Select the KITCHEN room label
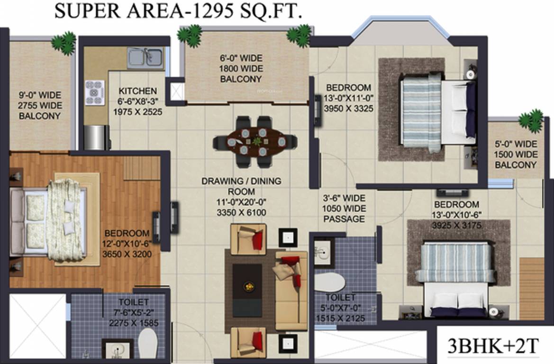137,91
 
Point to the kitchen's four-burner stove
94,92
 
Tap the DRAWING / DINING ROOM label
241,186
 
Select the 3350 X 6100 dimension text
241,213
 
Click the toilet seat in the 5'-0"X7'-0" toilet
330,282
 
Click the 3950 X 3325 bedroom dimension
348,109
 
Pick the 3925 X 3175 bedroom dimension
456,225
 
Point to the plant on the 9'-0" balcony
64,43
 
